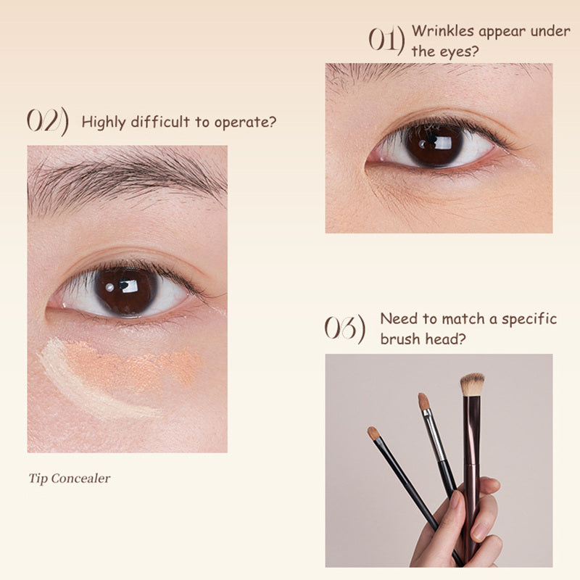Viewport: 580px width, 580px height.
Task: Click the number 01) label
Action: (x=386, y=41)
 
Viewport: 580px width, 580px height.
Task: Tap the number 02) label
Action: (x=48, y=121)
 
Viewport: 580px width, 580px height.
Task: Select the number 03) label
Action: (x=345, y=328)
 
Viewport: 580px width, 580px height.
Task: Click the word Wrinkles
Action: (x=443, y=31)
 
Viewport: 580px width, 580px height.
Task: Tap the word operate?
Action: (x=245, y=123)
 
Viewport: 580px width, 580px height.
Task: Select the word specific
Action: (x=529, y=319)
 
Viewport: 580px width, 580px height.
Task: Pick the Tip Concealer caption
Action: (x=70, y=478)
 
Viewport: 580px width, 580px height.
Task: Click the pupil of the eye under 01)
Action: (x=434, y=144)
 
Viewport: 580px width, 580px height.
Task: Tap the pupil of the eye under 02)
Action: (x=125, y=291)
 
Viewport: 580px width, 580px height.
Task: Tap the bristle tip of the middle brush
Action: (x=424, y=402)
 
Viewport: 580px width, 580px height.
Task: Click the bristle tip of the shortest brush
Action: (x=373, y=433)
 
